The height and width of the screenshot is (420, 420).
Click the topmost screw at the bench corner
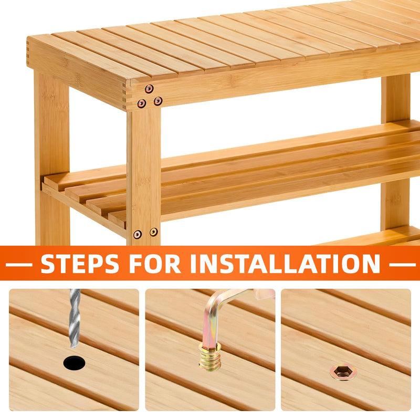click(x=149, y=89)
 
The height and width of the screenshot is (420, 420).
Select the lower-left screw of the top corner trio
click(x=142, y=103)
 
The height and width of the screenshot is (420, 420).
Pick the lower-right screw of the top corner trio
click(x=158, y=101)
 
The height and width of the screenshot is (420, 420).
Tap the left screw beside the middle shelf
click(x=138, y=234)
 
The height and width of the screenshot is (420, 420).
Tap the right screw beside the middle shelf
click(x=154, y=232)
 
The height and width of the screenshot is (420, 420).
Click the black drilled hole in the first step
click(x=74, y=363)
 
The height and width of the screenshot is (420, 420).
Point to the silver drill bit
click(x=75, y=318)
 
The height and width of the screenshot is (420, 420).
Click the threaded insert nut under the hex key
click(x=211, y=356)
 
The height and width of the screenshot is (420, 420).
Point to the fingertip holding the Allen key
click(x=265, y=294)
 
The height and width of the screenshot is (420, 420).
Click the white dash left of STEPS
click(x=19, y=265)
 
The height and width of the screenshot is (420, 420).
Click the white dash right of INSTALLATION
click(x=402, y=265)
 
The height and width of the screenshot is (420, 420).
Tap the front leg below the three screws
click(x=144, y=177)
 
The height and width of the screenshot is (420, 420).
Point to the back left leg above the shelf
click(x=51, y=123)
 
